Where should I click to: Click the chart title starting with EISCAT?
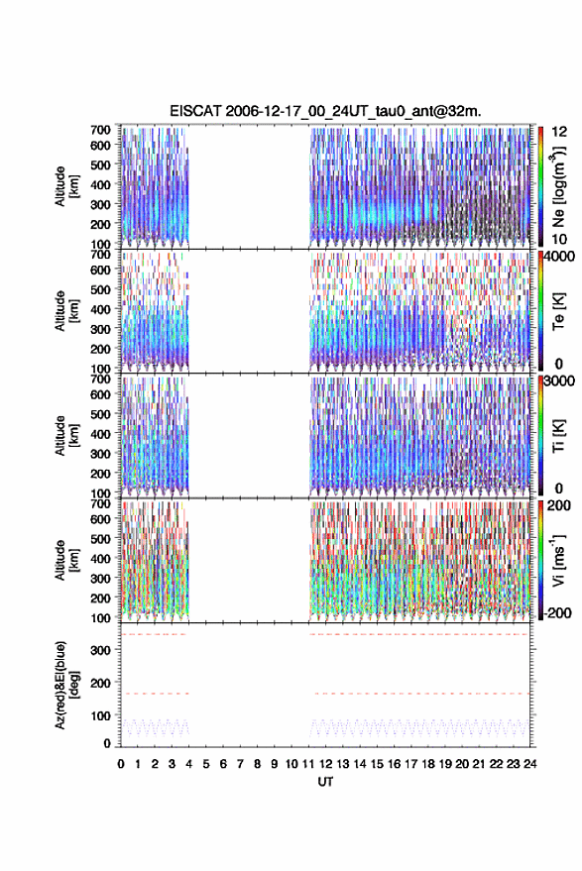click(x=325, y=111)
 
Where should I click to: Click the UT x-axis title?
click(x=325, y=782)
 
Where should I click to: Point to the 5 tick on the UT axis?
click(x=206, y=764)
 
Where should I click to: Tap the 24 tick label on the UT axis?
click(x=529, y=764)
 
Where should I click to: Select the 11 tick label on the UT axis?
click(x=308, y=764)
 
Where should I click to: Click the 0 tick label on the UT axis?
click(x=121, y=764)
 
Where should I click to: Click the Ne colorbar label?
click(x=558, y=187)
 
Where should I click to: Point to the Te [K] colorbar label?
click(x=558, y=311)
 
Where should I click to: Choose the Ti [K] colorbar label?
click(x=558, y=436)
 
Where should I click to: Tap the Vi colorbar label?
click(x=558, y=560)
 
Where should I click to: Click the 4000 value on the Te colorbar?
click(x=560, y=258)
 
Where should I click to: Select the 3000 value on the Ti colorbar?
click(x=560, y=381)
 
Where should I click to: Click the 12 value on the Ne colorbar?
click(x=560, y=132)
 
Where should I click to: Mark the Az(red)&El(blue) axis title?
click(x=64, y=686)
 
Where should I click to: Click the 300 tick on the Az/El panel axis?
click(x=100, y=650)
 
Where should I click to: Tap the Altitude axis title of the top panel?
click(x=64, y=186)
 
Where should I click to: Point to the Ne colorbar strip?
click(x=541, y=186)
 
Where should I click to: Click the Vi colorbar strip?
click(x=541, y=560)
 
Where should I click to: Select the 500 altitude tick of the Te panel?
click(x=100, y=289)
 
